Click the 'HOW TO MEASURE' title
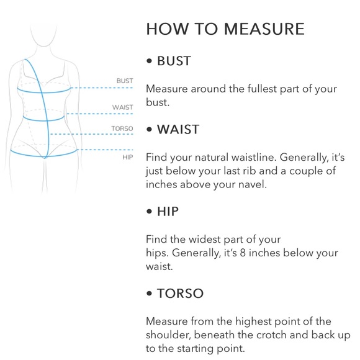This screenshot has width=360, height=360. (x=225, y=29)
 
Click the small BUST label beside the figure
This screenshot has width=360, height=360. (x=125, y=81)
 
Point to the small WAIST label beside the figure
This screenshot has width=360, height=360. (x=123, y=107)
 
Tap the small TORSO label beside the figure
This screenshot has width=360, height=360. (x=122, y=128)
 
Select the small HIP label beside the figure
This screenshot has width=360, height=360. (x=128, y=157)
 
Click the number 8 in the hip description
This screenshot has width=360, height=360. (x=243, y=253)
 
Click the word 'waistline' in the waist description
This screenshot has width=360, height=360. (x=252, y=157)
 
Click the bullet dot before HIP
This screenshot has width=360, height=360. (x=149, y=211)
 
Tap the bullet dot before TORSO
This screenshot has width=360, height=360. (x=149, y=294)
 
